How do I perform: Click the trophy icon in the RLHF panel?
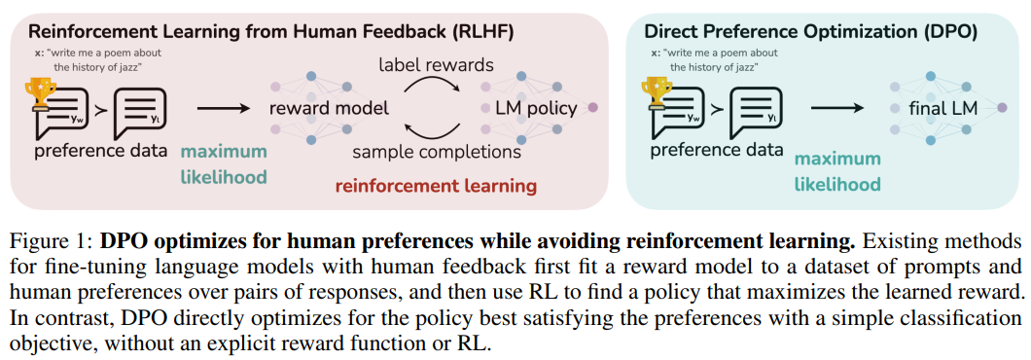(42, 92)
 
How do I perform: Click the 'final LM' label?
(942, 107)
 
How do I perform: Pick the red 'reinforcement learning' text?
(435, 184)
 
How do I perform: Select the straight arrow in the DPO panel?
(835, 107)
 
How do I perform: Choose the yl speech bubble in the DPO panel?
(757, 113)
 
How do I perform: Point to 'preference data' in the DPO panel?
(716, 150)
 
